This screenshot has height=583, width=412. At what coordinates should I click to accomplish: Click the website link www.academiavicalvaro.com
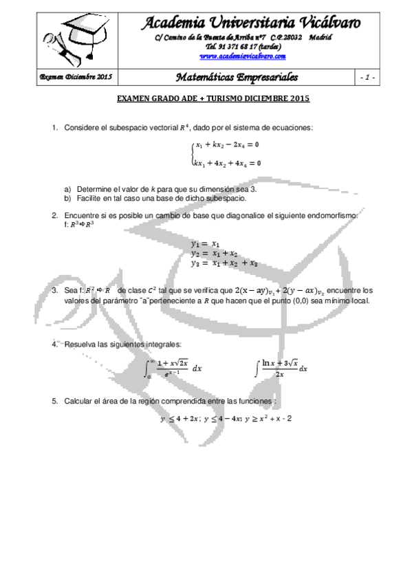242,57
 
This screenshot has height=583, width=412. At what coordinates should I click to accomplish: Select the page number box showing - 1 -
366,78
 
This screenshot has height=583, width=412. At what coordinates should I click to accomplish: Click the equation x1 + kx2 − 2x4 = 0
227,145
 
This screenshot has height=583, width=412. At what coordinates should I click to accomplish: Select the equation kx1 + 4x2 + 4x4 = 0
226,163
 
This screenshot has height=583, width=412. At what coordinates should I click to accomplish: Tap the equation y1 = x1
206,243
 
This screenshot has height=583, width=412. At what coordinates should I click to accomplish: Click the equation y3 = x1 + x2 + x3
224,263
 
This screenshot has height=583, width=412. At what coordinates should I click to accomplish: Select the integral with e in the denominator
175,368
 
